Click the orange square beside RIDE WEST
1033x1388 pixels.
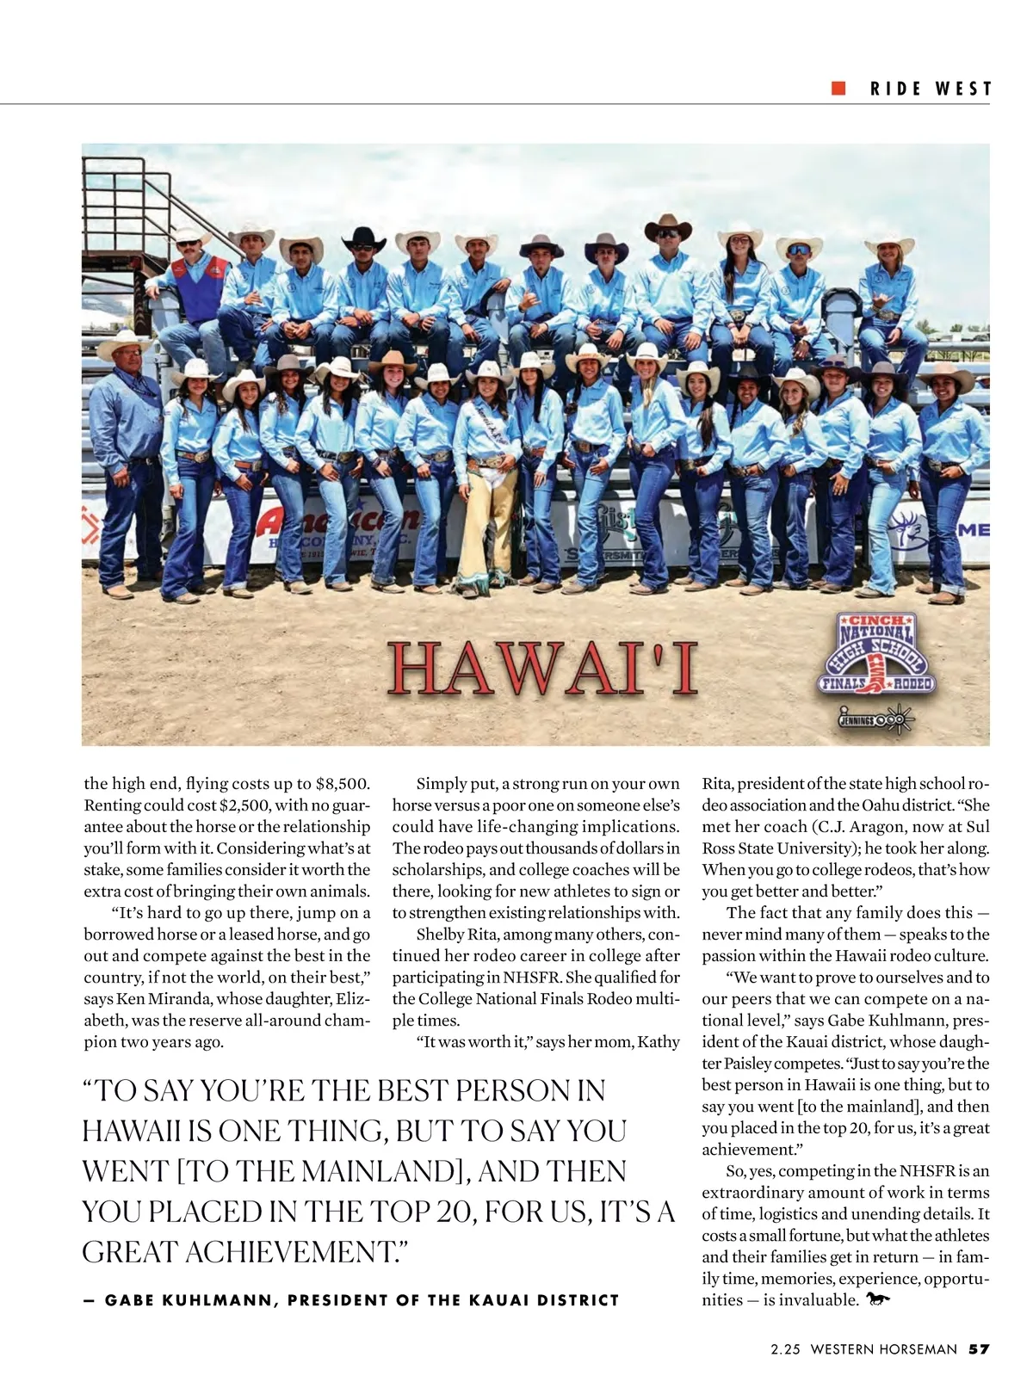838,89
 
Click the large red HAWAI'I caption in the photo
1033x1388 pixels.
542,669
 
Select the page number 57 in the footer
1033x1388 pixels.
979,1349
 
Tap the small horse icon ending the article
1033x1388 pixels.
879,1299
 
